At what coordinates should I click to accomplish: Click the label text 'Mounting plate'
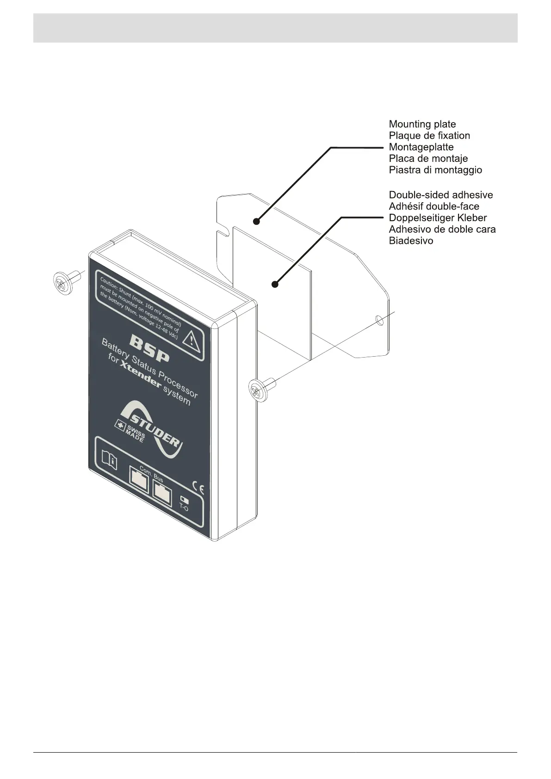pos(422,124)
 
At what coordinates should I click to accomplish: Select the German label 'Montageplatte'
pos(421,147)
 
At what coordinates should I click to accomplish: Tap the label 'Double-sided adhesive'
pos(440,195)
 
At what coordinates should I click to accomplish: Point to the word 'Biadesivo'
pos(411,241)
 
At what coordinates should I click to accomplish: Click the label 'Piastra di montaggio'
pos(435,170)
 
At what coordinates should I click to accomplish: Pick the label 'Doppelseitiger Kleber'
pos(438,217)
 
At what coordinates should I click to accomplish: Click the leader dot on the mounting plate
pos(256,222)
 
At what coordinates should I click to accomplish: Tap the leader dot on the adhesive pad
pos(275,284)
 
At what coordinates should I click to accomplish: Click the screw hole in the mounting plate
pos(379,320)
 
